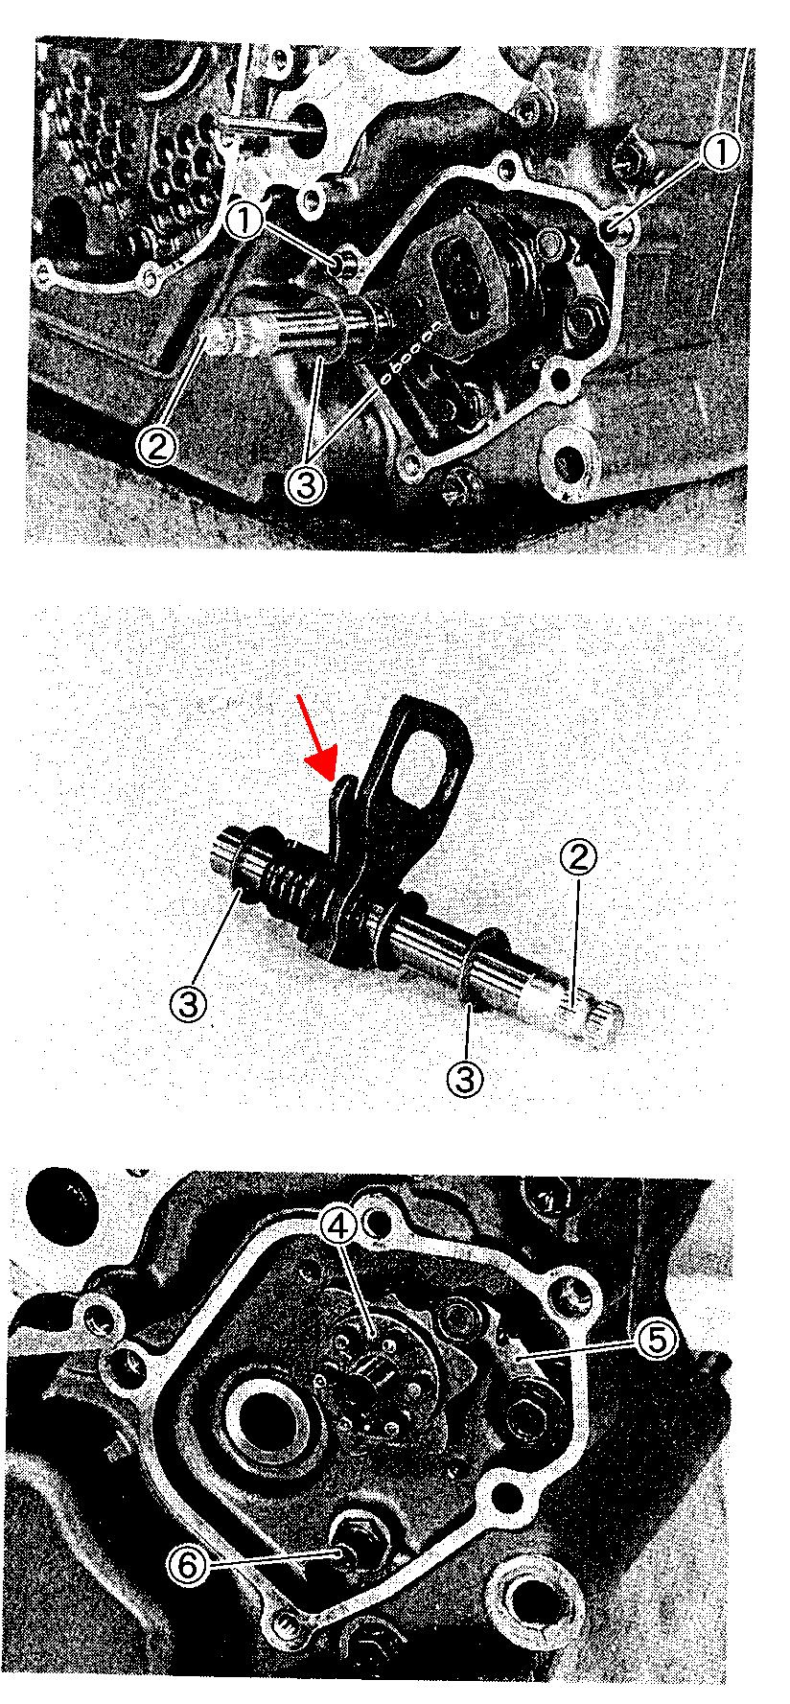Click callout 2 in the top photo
tap(156, 445)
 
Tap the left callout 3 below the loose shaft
tap(188, 1006)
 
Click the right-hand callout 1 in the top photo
tap(723, 151)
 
